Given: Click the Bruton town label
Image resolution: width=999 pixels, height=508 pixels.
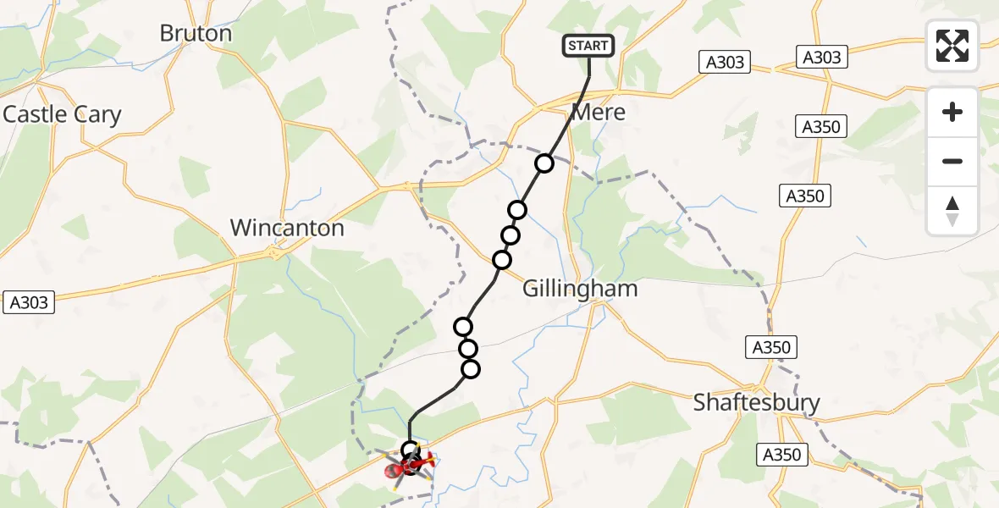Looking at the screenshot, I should (x=196, y=34).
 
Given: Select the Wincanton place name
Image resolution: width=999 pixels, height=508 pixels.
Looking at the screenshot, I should (x=287, y=228).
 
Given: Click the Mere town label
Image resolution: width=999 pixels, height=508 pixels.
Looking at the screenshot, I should (x=599, y=112).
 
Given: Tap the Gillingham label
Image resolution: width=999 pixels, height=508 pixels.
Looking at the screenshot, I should (x=579, y=289).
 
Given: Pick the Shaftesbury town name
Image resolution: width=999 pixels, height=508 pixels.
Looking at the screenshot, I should (x=756, y=402).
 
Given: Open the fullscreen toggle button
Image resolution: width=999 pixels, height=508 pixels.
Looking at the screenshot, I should (x=952, y=46).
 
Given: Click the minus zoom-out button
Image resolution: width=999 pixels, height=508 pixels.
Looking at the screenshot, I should (x=952, y=161).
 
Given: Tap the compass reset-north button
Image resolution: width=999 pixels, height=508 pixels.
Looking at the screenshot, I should (x=952, y=211).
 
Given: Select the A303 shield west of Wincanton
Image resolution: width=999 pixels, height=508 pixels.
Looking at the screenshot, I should (x=30, y=301).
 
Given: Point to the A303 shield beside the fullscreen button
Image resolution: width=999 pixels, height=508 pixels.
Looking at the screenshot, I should (x=821, y=57).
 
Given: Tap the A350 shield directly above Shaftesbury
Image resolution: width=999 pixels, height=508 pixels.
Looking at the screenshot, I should (x=770, y=347).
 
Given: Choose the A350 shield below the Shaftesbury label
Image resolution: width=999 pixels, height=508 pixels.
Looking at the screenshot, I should (x=781, y=455).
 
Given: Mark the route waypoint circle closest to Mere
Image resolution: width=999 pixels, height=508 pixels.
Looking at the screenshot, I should (x=544, y=163).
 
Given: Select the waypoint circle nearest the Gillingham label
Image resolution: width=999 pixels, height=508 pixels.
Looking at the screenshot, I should (x=503, y=259).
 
